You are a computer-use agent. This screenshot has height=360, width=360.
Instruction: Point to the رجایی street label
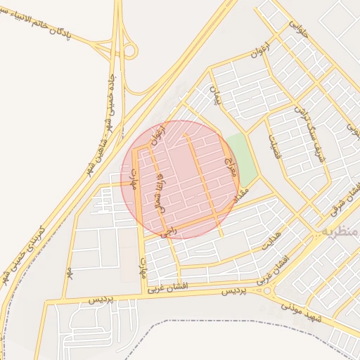click(165, 231)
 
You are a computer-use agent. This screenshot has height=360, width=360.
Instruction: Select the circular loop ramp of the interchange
click(129, 51)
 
